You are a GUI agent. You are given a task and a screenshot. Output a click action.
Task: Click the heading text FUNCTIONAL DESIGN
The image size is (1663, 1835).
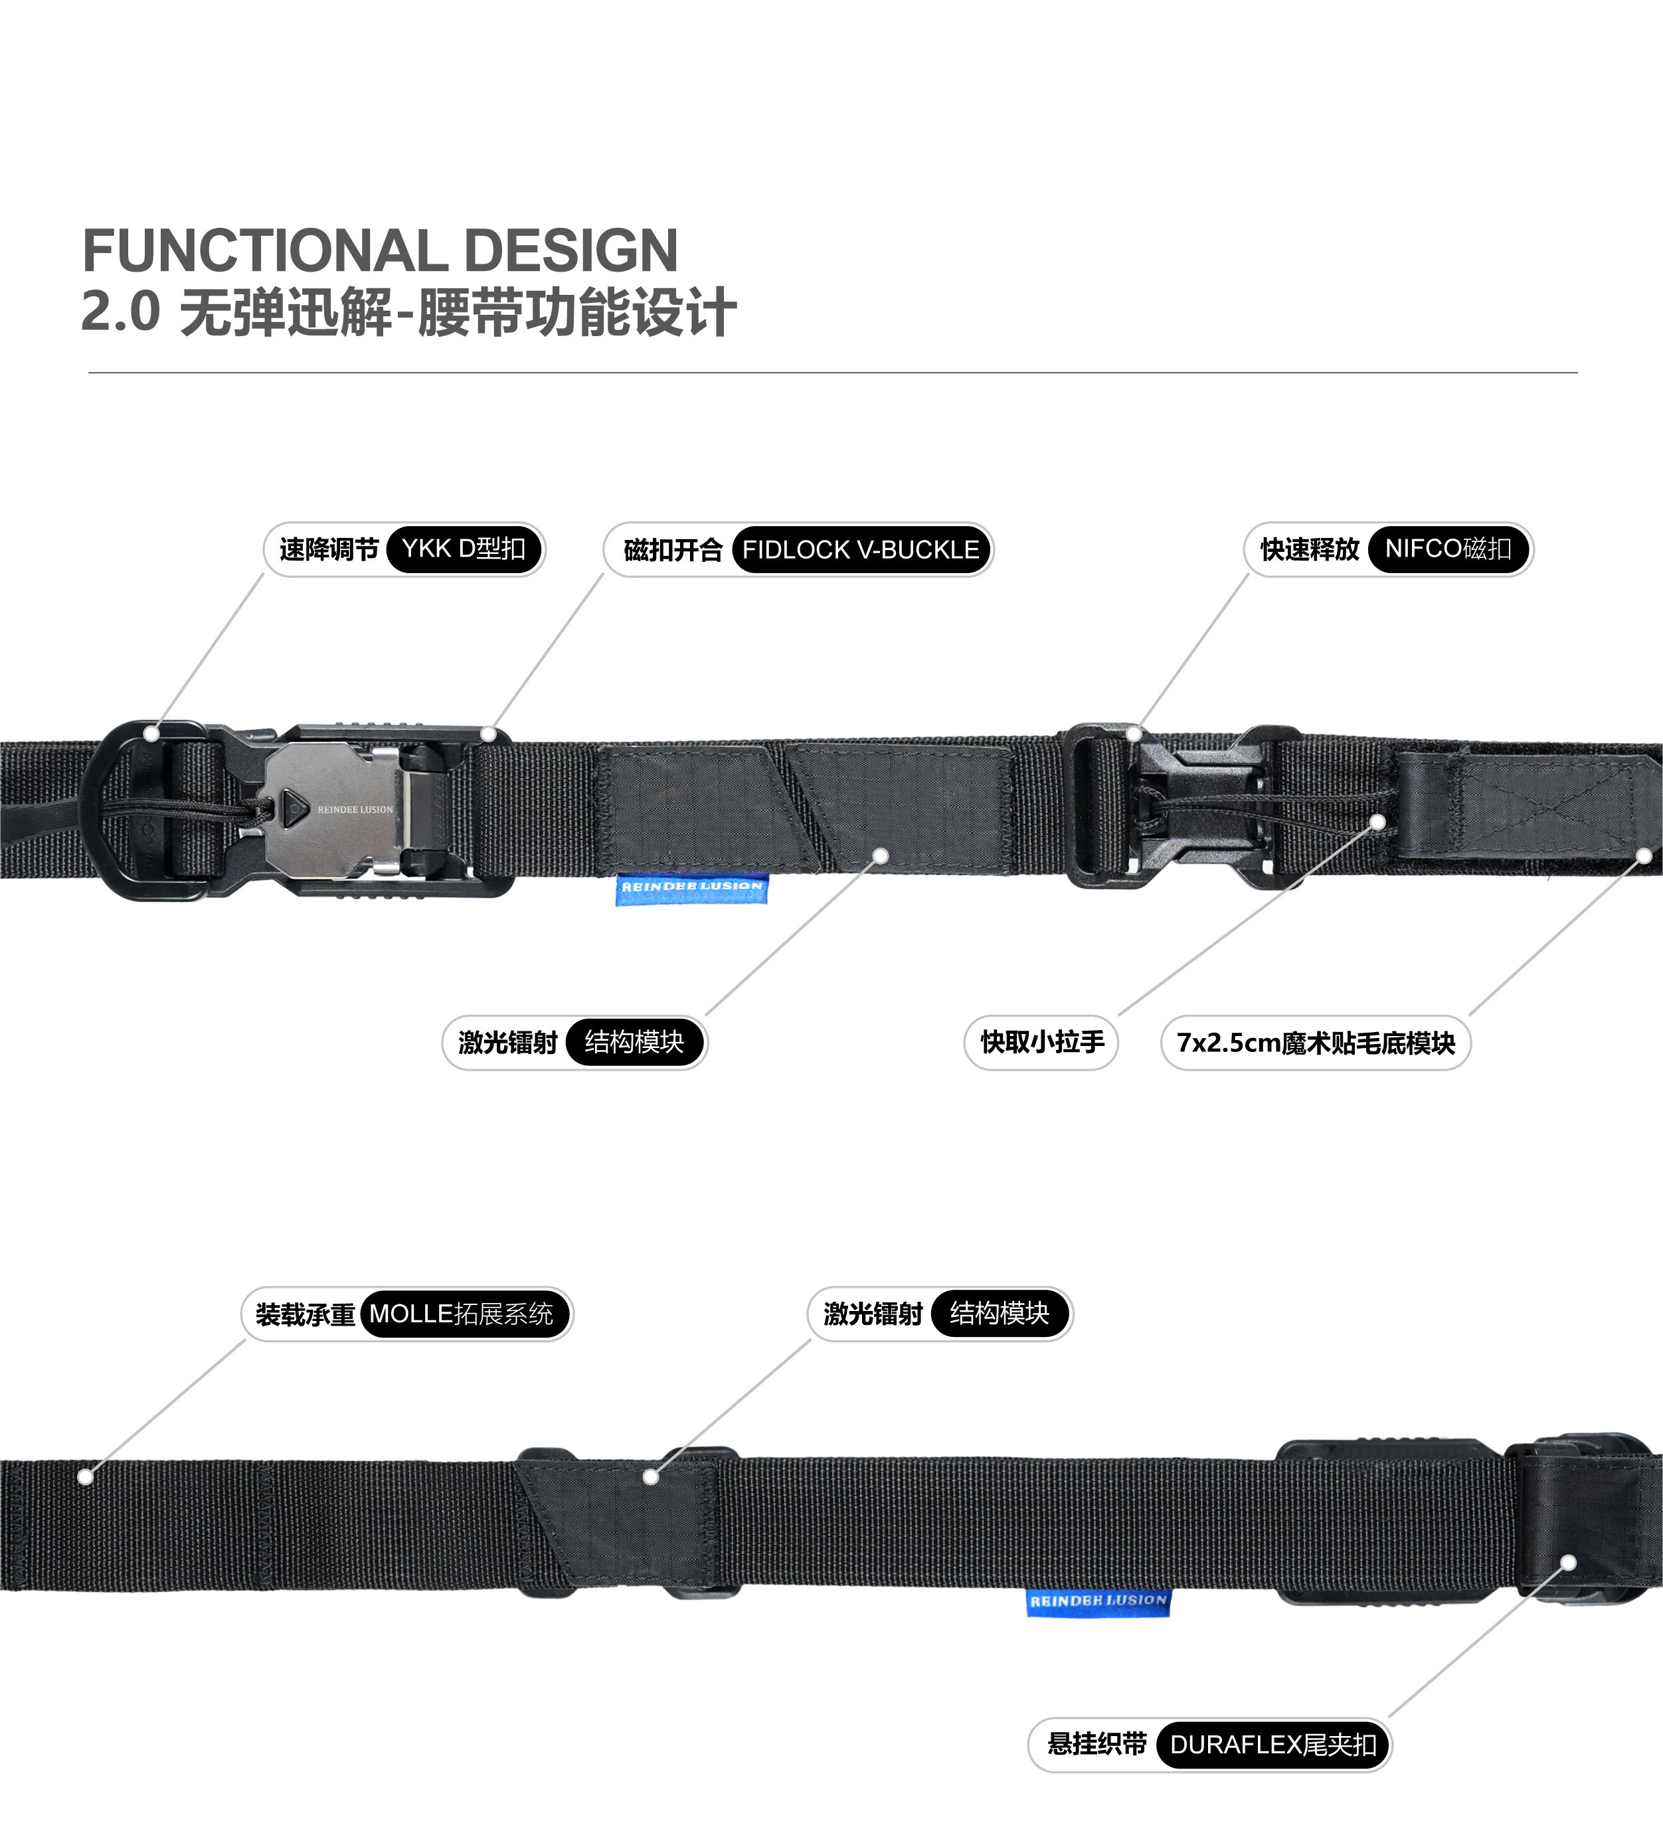coord(380,250)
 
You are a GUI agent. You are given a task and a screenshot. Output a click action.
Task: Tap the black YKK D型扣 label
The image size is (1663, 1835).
coord(464,549)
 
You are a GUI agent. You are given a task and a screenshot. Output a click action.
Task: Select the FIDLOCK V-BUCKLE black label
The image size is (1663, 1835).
coord(860,550)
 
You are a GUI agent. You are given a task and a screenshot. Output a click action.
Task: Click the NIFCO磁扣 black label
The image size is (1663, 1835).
coord(1448,549)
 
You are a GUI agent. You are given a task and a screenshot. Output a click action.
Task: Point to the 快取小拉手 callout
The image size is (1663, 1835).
coord(1041,1042)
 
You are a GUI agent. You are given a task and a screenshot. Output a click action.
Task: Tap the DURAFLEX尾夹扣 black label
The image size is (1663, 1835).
coord(1272,1745)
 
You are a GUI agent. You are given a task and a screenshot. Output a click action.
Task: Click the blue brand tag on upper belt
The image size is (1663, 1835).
coord(692,889)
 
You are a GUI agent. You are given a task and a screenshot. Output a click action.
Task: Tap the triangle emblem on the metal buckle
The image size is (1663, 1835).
coord(292,808)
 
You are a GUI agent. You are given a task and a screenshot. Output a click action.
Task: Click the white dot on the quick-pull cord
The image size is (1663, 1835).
coord(1377,822)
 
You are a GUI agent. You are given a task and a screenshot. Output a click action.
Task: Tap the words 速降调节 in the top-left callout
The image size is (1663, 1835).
coord(329,550)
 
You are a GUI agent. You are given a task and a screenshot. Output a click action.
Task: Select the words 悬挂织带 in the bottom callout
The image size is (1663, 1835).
coord(1097,1744)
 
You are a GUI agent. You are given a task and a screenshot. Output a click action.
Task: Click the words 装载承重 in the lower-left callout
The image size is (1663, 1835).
coord(305,1315)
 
